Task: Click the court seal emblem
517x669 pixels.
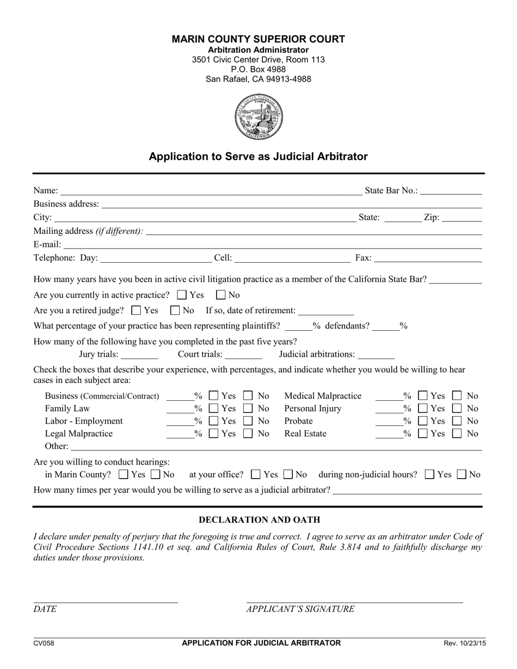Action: pyautogui.click(x=258, y=117)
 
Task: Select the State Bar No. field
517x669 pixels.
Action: pyautogui.click(x=451, y=190)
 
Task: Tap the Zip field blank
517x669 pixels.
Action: pyautogui.click(x=462, y=218)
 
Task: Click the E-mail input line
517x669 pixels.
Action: pyautogui.click(x=272, y=245)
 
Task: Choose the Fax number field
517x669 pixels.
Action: pyautogui.click(x=428, y=258)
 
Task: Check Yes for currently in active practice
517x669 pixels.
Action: pyautogui.click(x=182, y=295)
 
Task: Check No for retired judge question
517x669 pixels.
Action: pyautogui.click(x=175, y=311)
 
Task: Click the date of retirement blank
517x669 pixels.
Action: pyautogui.click(x=326, y=311)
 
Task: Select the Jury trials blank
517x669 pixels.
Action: pyautogui.click(x=139, y=355)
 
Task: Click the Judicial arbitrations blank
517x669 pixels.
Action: pyautogui.click(x=376, y=355)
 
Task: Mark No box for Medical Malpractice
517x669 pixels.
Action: pyautogui.click(x=458, y=396)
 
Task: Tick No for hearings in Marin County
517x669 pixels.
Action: pyautogui.click(x=155, y=475)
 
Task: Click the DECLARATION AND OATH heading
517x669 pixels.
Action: pyautogui.click(x=259, y=520)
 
